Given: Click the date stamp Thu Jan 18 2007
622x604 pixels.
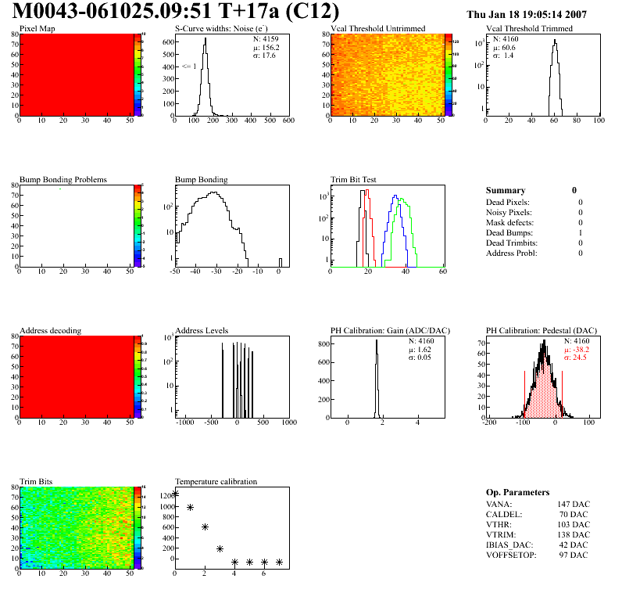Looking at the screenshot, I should [527, 14].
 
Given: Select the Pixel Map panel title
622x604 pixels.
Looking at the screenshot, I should [37, 29].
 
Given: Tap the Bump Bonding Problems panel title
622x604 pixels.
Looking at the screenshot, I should [63, 179].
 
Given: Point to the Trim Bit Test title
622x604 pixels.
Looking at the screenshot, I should [353, 179].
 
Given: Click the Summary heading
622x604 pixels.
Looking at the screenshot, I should [506, 190].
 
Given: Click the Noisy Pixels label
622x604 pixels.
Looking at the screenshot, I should [508, 212].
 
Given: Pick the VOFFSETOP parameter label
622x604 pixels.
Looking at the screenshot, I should [512, 555].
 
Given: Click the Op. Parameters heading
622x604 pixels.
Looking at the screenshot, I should [517, 492].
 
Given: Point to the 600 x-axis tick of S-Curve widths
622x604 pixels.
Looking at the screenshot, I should [288, 121].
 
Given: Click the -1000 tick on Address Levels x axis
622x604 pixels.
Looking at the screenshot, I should [185, 422].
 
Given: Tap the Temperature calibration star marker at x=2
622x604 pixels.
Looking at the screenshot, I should [205, 527].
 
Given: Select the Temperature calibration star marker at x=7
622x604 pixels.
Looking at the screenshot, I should [279, 562].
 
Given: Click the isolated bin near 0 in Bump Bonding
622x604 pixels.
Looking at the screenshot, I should [281, 261].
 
